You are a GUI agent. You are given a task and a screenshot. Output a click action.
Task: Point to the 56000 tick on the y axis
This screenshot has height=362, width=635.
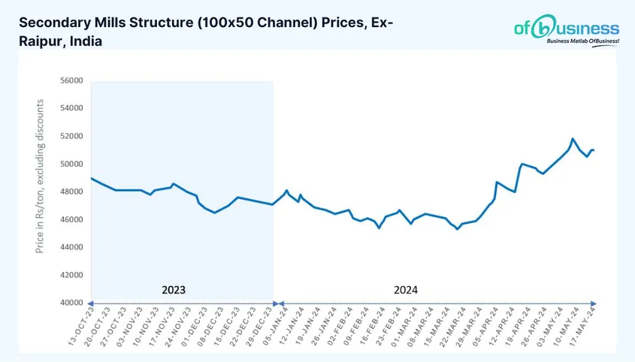click(72, 80)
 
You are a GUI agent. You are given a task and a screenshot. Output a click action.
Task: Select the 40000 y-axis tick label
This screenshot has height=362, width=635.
click(72, 303)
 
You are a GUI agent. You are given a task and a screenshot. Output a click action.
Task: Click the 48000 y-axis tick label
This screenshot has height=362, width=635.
click(72, 192)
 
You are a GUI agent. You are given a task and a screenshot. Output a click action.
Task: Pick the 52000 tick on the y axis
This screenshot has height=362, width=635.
click(72, 136)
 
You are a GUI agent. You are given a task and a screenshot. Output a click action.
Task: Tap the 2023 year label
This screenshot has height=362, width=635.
click(174, 289)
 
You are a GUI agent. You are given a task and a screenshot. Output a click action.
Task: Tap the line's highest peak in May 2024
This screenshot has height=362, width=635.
click(573, 139)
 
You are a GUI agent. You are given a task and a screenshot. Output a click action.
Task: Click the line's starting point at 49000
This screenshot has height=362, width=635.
click(91, 178)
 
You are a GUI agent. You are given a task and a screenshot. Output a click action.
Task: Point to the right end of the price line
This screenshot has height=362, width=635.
click(594, 150)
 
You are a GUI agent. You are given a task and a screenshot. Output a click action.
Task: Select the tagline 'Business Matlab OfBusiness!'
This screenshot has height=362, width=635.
click(582, 41)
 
